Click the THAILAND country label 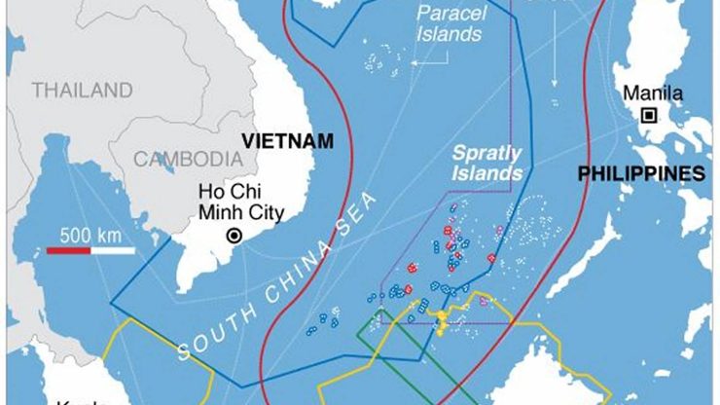click(x=82, y=91)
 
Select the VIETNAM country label click(x=287, y=140)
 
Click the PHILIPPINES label click(x=640, y=174)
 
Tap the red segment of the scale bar click(x=69, y=251)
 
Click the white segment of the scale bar click(x=113, y=251)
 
